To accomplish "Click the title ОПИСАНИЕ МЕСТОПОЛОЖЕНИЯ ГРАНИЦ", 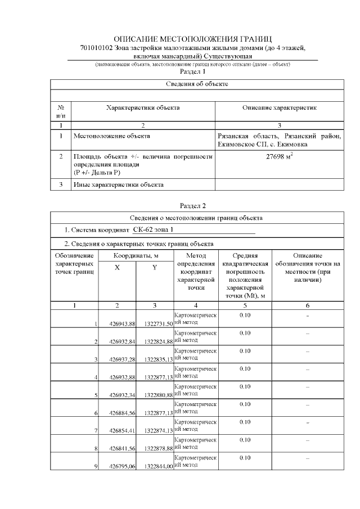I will click(x=192, y=39).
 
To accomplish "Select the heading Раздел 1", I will click(x=192, y=72).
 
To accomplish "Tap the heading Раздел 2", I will click(x=192, y=206).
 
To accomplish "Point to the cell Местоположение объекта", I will click(x=111, y=136).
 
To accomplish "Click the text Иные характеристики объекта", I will click(x=118, y=184).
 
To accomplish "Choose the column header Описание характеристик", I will click(x=279, y=107).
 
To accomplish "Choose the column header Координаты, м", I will click(x=136, y=256).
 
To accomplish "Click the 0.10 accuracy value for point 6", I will click(x=245, y=404).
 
